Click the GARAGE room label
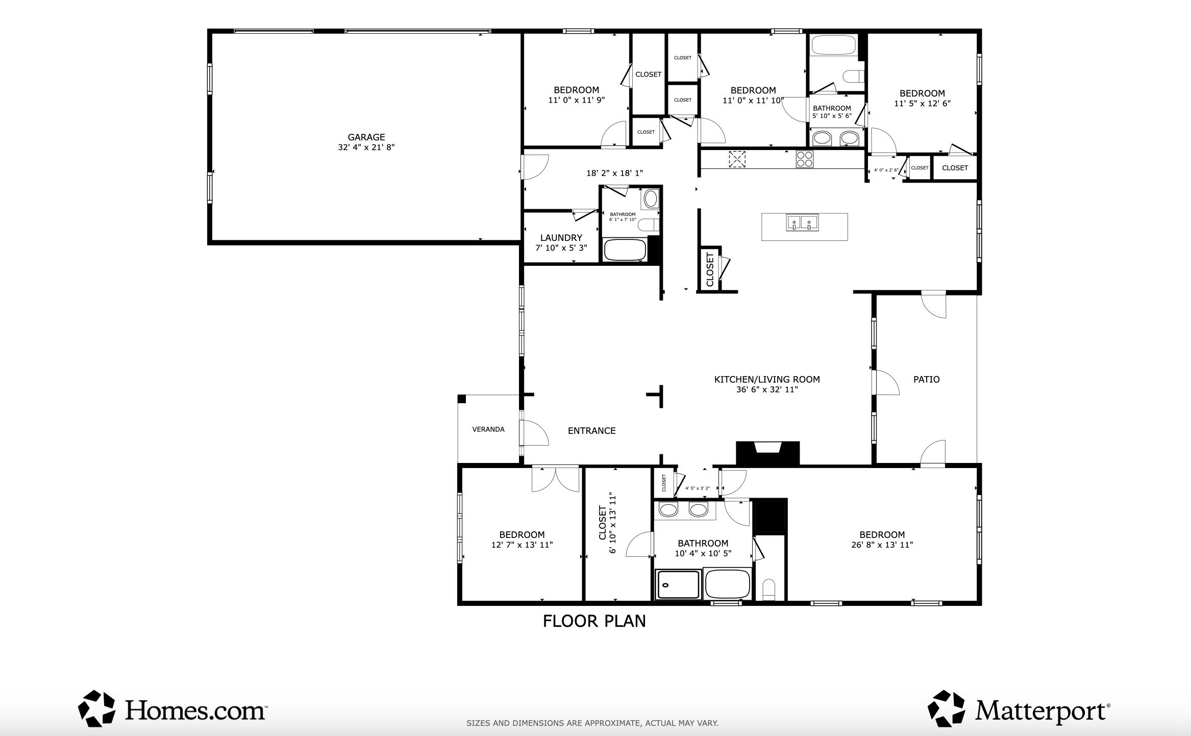(366, 137)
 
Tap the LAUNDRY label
(561, 238)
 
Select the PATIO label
(926, 379)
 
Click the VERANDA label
(488, 429)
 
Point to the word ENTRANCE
(592, 431)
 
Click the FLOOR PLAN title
(594, 621)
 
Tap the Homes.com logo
(172, 709)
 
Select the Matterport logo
(1019, 709)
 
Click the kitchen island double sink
(802, 223)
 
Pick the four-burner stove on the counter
(805, 159)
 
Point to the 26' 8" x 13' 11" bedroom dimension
(882, 545)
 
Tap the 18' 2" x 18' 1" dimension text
(614, 174)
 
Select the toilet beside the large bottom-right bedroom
(768, 590)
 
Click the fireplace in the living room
(767, 453)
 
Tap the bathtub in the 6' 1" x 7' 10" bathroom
(625, 250)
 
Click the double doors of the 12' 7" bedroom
(556, 478)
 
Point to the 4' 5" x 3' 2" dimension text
(698, 488)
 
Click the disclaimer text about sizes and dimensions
(592, 723)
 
